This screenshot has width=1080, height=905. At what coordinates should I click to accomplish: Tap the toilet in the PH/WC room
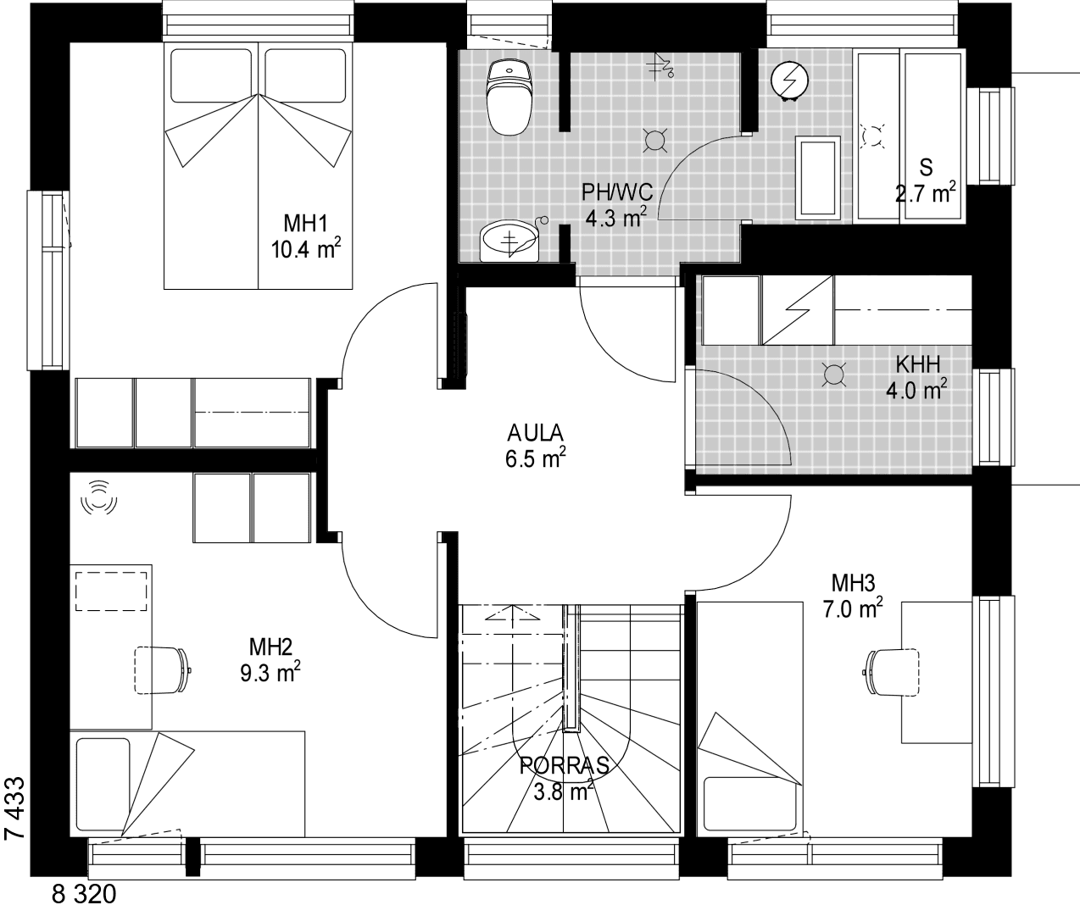(x=509, y=97)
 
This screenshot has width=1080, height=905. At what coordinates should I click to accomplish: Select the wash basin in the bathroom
(x=509, y=242)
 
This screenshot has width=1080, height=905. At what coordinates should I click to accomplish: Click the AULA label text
(x=535, y=432)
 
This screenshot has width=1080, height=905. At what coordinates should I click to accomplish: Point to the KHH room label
(x=917, y=364)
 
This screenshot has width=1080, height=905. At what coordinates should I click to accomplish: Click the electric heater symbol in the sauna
(x=789, y=81)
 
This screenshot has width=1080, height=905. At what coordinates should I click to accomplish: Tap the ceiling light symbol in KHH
(x=833, y=375)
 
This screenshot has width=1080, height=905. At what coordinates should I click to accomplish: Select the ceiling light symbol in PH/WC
(x=654, y=141)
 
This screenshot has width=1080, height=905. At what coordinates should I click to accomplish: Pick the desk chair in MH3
(x=891, y=671)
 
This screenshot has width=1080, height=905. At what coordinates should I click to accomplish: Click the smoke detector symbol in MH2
(x=99, y=498)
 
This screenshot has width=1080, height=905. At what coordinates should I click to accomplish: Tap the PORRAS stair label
(x=564, y=766)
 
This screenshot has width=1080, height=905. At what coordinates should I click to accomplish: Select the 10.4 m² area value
(x=306, y=249)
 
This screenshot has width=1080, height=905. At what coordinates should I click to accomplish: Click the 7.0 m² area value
(x=853, y=608)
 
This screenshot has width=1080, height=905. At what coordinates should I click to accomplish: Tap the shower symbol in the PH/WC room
(x=661, y=65)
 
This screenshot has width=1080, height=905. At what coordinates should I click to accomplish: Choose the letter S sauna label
(x=926, y=168)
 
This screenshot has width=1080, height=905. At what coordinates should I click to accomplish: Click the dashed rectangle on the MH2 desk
(x=111, y=591)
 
